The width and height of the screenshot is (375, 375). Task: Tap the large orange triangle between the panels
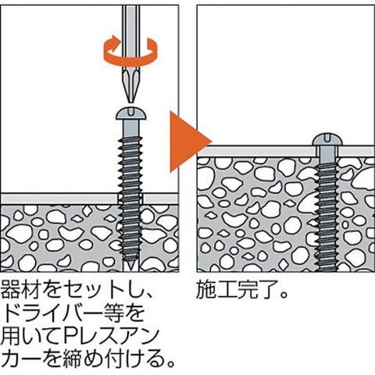(190, 141)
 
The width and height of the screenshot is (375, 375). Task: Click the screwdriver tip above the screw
(130, 86)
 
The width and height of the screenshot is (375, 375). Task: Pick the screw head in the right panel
(327, 140)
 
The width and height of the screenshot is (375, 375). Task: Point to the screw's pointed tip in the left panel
(130, 266)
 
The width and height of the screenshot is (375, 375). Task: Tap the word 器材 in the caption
(20, 290)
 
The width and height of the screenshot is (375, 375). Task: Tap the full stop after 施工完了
(283, 295)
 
